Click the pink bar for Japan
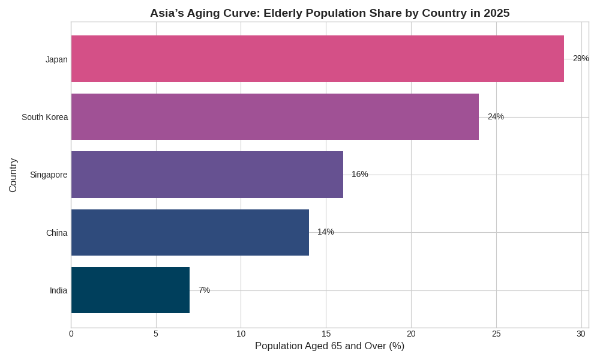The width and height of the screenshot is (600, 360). click(x=317, y=59)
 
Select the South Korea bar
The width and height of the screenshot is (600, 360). click(x=275, y=116)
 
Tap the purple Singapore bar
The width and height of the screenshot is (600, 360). click(x=207, y=175)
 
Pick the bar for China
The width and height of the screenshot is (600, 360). click(x=190, y=232)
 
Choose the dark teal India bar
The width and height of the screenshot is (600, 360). click(x=130, y=290)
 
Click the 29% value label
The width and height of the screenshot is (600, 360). click(x=580, y=58)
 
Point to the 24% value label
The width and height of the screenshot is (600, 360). click(x=496, y=116)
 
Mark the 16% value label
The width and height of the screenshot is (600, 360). click(x=359, y=174)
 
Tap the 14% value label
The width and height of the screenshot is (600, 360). click(x=325, y=232)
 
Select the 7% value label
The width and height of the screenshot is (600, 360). click(x=204, y=290)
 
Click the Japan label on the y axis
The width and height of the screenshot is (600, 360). click(x=56, y=59)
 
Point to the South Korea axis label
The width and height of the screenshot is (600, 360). click(x=44, y=117)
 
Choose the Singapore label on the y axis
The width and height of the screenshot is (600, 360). click(x=49, y=175)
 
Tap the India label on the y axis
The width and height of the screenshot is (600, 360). click(x=58, y=290)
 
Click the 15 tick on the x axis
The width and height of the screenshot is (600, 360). click(x=326, y=334)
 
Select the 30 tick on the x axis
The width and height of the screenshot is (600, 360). click(x=581, y=334)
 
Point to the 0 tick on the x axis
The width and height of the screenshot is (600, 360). click(x=71, y=334)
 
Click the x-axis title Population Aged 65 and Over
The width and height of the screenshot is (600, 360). click(x=329, y=346)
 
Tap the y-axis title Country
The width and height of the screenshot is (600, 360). click(x=13, y=175)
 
